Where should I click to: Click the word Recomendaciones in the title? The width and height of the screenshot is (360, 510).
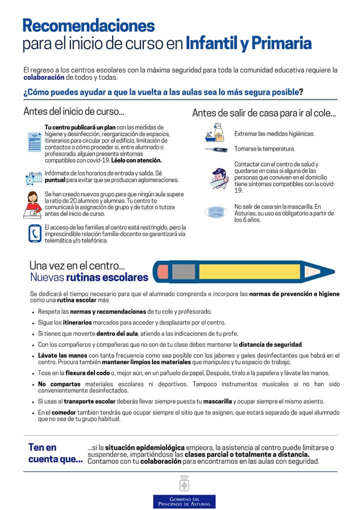(88, 26)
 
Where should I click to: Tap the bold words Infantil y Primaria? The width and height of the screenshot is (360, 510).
(248, 44)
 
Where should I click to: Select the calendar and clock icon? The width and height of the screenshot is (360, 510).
(33, 177)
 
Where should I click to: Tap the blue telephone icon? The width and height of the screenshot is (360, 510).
(34, 233)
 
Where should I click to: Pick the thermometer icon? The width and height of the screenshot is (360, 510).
(216, 149)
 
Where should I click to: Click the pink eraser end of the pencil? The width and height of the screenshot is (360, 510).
(162, 271)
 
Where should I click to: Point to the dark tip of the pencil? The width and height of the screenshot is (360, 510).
(329, 271)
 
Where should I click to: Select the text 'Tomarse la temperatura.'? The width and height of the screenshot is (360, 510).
(264, 149)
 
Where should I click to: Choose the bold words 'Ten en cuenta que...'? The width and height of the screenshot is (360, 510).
(55, 453)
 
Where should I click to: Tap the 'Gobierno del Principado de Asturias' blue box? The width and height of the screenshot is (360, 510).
(184, 502)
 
